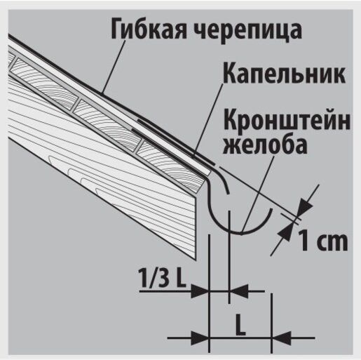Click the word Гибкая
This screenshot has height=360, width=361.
(x=149, y=29)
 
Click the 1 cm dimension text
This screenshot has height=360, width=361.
(x=322, y=240)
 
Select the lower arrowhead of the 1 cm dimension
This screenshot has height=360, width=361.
(x=286, y=231)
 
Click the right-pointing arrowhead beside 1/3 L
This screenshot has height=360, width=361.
(x=199, y=291)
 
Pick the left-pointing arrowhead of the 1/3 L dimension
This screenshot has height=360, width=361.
(x=239, y=291)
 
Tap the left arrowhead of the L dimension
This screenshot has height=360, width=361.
(x=199, y=338)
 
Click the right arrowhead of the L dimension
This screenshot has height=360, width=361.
(x=282, y=338)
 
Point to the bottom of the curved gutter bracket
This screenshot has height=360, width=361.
(x=240, y=233)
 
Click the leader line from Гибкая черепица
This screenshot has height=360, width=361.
(x=114, y=66)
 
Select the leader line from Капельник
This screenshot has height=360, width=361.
(x=207, y=120)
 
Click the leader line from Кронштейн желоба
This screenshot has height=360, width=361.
(x=258, y=194)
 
